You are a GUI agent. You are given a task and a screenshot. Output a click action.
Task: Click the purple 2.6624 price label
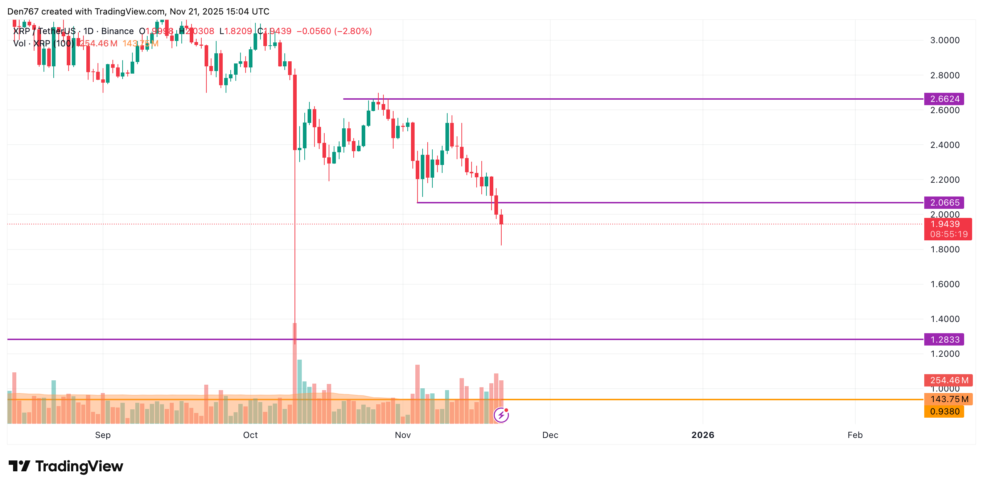[x=944, y=99]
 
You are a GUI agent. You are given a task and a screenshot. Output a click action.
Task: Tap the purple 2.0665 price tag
[x=944, y=203]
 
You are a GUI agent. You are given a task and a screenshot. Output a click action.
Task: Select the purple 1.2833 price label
[x=944, y=339]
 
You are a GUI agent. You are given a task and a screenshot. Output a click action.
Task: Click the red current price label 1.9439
[x=945, y=224]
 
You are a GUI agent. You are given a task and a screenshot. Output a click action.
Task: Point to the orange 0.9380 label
[x=944, y=411]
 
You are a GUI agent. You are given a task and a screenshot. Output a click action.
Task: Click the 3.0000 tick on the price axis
[x=945, y=41]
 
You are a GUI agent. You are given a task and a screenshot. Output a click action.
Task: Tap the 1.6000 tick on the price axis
[x=945, y=284]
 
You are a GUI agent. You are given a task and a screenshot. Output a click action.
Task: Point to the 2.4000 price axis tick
[x=945, y=145]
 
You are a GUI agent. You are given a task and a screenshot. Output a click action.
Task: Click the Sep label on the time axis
[x=103, y=435]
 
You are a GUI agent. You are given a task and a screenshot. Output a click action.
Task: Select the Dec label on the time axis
[x=550, y=435]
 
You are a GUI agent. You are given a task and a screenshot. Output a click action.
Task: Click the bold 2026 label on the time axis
[x=703, y=435]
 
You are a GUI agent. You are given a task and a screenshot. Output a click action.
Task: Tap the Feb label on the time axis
[x=855, y=435]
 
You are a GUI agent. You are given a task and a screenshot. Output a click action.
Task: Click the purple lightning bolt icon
[x=501, y=415]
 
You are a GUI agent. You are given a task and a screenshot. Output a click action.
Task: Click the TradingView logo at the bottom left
[x=66, y=466]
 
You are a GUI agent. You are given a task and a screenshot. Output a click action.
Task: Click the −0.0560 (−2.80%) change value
[x=334, y=31]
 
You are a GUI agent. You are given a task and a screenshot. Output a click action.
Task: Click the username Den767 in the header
[x=23, y=12]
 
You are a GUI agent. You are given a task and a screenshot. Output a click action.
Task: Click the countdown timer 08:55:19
[x=949, y=234]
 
